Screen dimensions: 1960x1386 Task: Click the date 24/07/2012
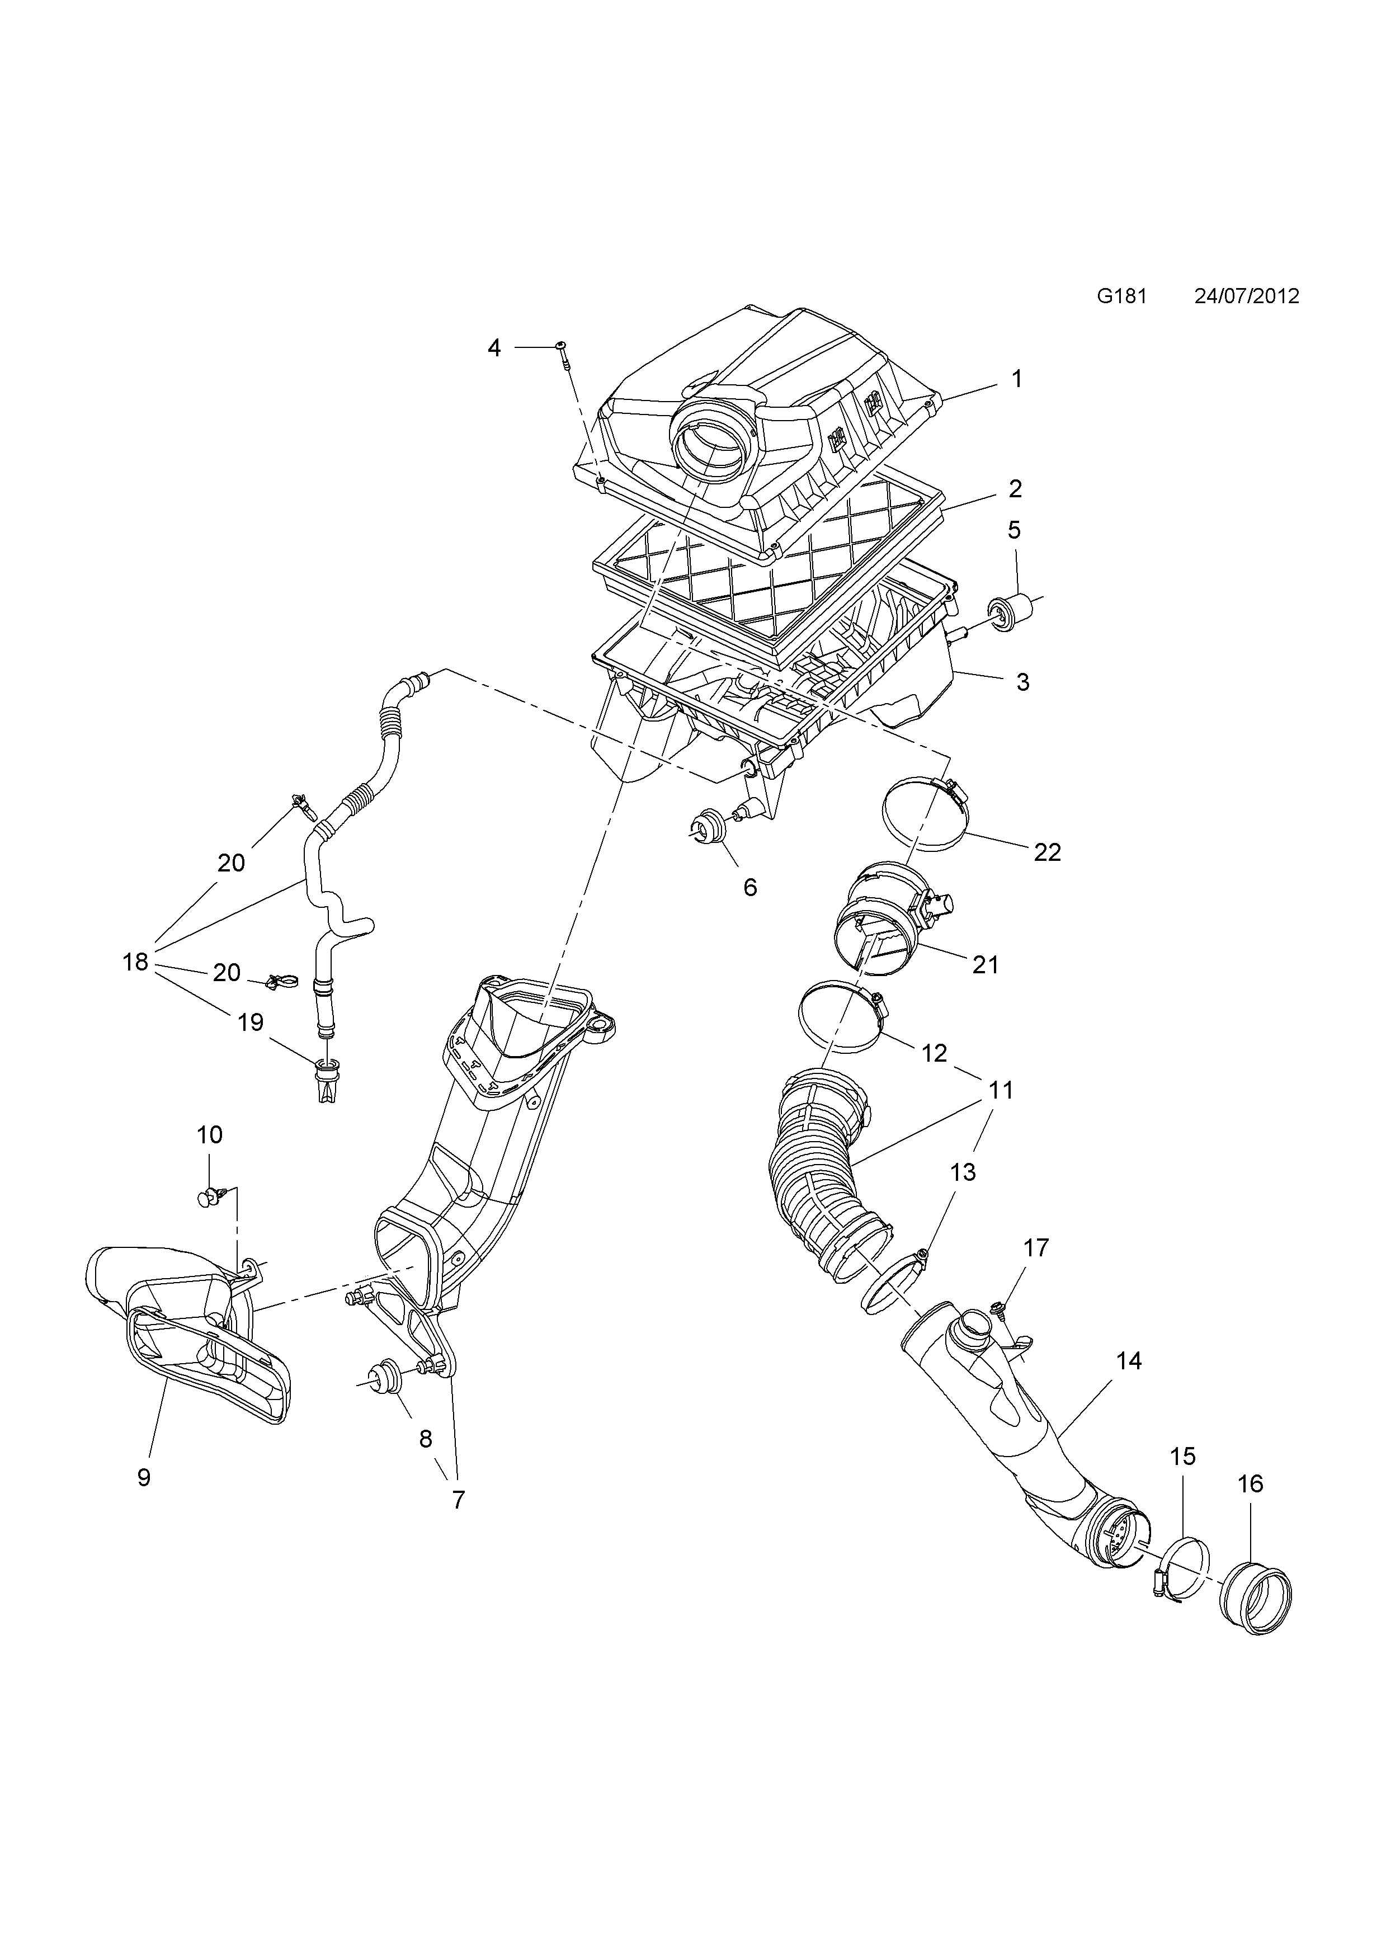click(1246, 296)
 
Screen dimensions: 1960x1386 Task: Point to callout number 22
click(1046, 851)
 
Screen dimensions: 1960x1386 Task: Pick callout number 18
click(135, 962)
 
